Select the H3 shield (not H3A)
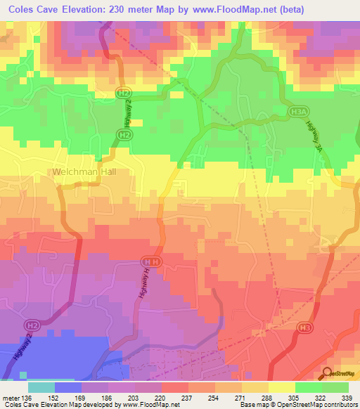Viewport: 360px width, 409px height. point(304,327)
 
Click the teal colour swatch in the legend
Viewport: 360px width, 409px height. point(41,387)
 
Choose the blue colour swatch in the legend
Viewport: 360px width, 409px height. point(68,387)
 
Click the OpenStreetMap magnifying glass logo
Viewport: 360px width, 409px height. point(327,372)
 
